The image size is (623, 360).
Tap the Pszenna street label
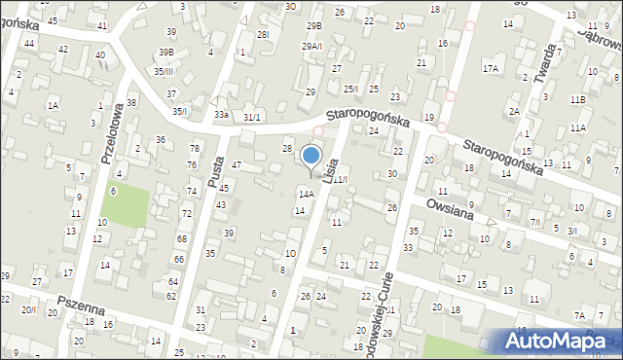(x=81, y=312)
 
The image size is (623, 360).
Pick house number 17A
(x=491, y=68)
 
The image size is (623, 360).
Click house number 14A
(x=306, y=195)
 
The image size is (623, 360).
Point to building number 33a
(x=222, y=115)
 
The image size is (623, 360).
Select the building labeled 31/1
(x=252, y=117)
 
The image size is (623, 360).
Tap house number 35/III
(x=164, y=71)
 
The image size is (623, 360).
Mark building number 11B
(x=578, y=99)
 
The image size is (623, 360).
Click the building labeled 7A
(x=579, y=315)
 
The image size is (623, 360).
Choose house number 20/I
(x=29, y=309)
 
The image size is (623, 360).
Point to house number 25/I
(x=350, y=89)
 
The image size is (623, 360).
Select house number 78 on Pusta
(x=194, y=148)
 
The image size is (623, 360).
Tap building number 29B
(x=313, y=25)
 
